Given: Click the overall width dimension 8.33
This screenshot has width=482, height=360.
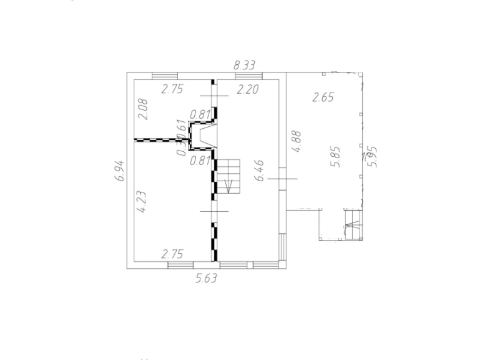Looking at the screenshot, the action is point(245,64).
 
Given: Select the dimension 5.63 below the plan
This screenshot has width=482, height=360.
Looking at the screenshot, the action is point(206,279).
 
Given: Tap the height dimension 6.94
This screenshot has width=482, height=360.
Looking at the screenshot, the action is point(120,171).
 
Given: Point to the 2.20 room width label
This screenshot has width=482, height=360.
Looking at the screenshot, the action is point(247,89).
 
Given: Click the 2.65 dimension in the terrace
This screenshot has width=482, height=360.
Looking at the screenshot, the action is point(323,97).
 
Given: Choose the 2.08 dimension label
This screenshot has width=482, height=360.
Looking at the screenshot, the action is point(143,109).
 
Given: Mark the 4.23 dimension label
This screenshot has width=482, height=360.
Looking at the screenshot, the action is point(142,202).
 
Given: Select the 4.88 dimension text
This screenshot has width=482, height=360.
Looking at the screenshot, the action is point(298,141).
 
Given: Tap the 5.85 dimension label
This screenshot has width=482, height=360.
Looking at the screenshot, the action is point(337,156).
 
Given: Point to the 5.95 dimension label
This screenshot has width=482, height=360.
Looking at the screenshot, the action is point(373,156).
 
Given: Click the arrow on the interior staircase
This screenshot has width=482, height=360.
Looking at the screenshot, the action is point(229,185).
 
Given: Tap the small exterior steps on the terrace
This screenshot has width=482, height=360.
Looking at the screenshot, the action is point(353,224).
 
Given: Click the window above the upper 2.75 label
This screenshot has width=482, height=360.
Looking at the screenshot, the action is point(165,76).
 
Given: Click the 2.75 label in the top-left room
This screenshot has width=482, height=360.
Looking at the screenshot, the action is point(172,89).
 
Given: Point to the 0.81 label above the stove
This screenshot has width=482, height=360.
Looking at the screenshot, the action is point(201,114).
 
